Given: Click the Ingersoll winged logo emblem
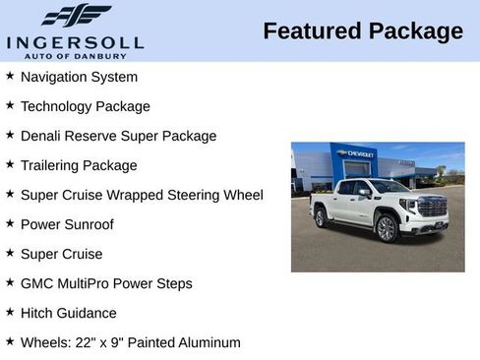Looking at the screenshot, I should (x=76, y=15).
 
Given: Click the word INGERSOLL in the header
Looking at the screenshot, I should (x=75, y=42).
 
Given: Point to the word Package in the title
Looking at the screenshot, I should (x=415, y=31).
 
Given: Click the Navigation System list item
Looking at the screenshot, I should (x=79, y=77).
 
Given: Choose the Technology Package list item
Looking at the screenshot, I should (x=85, y=106).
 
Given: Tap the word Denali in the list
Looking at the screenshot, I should (x=43, y=136).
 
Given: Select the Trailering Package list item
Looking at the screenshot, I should (x=79, y=165).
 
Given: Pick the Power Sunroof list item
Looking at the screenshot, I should (x=67, y=224).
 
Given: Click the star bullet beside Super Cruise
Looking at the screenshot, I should (x=10, y=253).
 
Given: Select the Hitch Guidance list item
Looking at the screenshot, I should (x=68, y=313).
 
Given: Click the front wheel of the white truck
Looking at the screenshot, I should (x=388, y=229).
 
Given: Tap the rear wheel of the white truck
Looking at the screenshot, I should (x=321, y=217).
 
